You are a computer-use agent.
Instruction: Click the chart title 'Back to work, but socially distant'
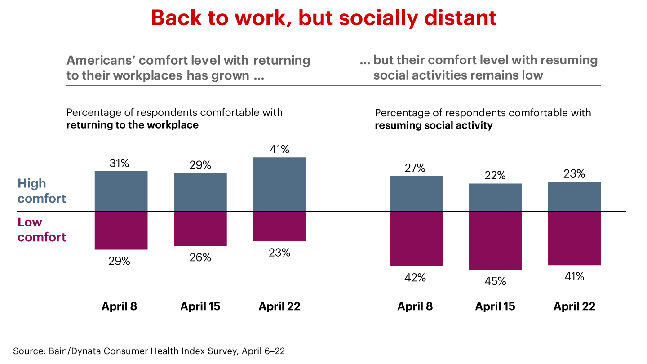point(323,18)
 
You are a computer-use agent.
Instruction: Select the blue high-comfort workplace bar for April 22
point(279,184)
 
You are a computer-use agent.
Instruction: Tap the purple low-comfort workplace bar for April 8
point(121,230)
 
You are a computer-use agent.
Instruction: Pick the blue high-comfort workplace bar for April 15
point(200,192)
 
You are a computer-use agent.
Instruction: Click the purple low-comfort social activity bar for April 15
point(495,240)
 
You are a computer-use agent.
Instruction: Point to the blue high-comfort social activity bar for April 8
point(416,194)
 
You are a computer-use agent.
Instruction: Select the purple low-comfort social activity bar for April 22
point(574,238)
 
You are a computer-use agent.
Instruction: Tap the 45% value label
point(495,281)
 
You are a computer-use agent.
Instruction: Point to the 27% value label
point(415,169)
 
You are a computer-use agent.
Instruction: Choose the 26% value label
point(200,257)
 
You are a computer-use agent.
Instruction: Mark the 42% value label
point(415,278)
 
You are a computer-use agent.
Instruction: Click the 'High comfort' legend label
point(41,191)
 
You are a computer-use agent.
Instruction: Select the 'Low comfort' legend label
point(41,230)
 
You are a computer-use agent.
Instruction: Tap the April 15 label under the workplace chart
point(200,306)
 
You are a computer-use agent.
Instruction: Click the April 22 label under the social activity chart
point(574,306)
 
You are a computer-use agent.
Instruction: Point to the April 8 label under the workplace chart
point(119,306)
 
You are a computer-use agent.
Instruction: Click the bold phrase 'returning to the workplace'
point(133,125)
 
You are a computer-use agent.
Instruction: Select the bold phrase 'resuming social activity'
point(434,125)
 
